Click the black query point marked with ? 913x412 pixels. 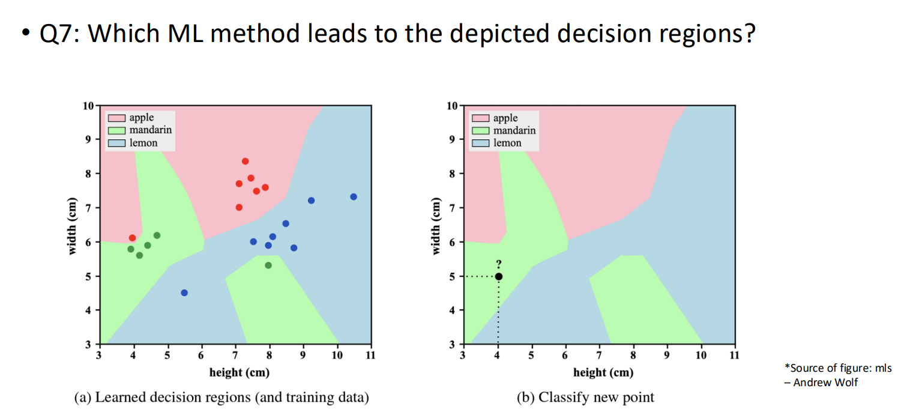498,276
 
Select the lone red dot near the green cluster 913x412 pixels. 133,238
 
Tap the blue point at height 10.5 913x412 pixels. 354,197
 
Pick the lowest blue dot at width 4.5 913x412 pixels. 184,292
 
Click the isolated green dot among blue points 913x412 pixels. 268,265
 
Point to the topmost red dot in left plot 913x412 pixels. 245,161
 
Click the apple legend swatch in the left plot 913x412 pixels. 117,118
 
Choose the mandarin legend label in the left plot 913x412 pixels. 151,130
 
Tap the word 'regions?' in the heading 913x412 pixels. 702,34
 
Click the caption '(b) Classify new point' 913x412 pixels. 585,397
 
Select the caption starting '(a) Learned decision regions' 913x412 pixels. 221,397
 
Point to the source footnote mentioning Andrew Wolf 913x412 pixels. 837,375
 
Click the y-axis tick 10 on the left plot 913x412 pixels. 88,106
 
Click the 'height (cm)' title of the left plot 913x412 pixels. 239,372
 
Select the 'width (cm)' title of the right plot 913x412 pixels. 437,226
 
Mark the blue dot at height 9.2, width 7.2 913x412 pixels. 311,201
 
